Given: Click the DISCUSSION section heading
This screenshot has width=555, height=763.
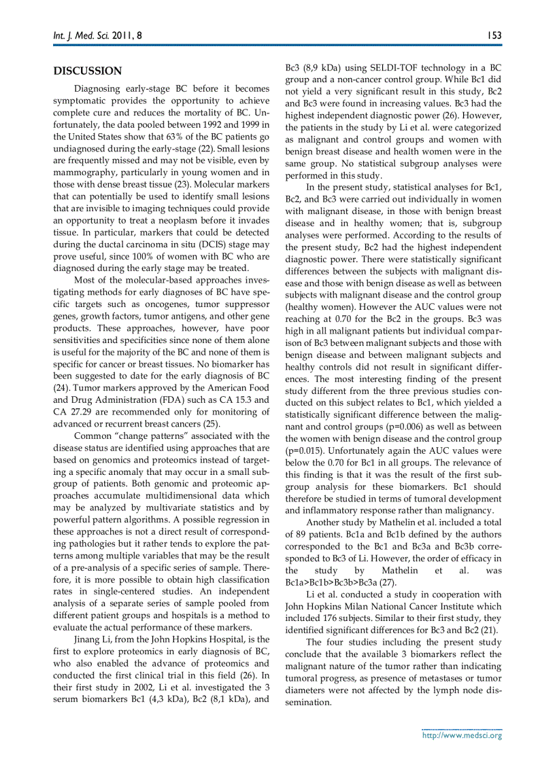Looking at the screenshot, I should coord(88,71).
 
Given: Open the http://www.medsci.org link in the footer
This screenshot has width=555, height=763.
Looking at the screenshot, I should coord(462,735).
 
